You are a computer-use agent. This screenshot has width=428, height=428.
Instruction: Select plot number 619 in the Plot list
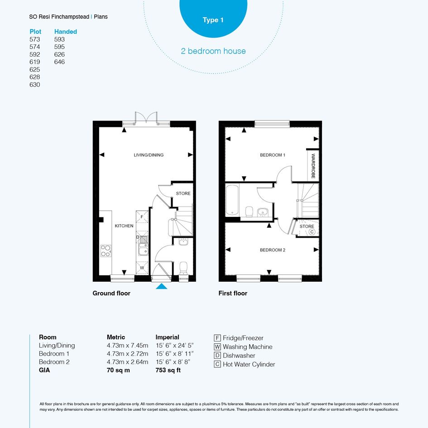tap(35, 62)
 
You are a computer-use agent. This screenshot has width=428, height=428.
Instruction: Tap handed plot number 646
tap(59, 62)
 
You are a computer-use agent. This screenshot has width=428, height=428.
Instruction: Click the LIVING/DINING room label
tap(149, 155)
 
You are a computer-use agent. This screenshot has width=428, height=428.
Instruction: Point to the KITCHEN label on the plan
tap(124, 226)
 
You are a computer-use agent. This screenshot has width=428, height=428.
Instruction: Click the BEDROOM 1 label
tap(273, 155)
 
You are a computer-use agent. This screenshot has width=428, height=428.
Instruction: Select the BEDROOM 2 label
tap(273, 250)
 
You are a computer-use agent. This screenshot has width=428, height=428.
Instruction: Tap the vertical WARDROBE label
tap(313, 166)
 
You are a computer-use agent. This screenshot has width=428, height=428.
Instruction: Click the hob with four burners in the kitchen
tap(106, 251)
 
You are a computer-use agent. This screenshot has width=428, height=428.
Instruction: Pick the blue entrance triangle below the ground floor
tap(162, 286)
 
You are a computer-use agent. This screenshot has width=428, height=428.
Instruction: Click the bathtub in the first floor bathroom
tap(232, 200)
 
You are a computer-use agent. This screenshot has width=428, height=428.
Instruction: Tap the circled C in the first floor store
tap(312, 232)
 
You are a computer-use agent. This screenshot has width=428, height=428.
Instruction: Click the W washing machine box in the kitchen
tap(142, 268)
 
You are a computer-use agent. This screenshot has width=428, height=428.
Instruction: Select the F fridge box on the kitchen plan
tap(142, 217)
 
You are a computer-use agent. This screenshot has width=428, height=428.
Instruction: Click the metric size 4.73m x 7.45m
tap(127, 346)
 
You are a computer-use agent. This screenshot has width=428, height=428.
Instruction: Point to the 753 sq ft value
tap(168, 370)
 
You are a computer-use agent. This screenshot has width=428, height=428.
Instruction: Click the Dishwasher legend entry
tap(235, 356)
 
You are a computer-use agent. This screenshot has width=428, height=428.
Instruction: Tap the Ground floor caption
tap(111, 293)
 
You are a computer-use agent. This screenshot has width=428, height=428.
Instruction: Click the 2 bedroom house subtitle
tap(213, 51)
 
